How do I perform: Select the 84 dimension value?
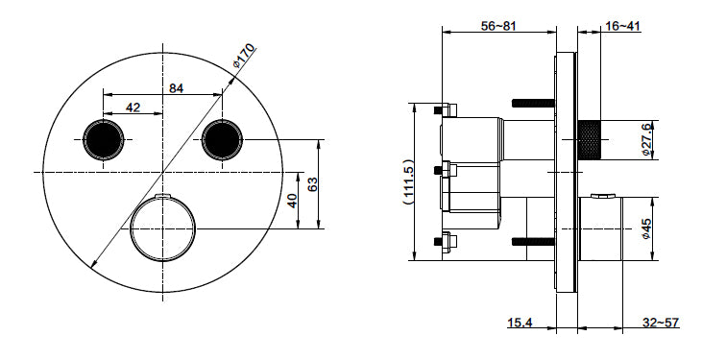[x=176, y=88]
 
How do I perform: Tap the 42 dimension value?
[x=134, y=108]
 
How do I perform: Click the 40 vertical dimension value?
[x=291, y=200]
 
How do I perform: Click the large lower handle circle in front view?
[x=162, y=229]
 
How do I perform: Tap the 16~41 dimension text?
[x=624, y=26]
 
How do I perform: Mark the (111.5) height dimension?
[x=407, y=181]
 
